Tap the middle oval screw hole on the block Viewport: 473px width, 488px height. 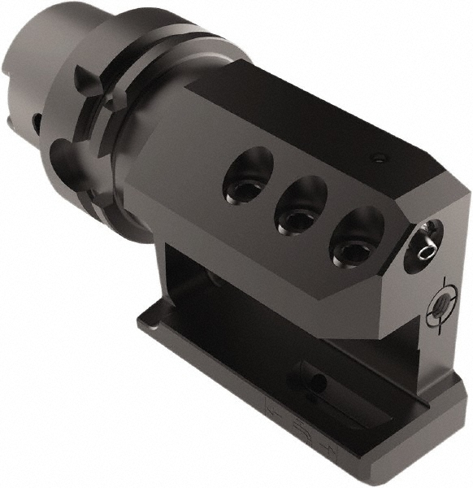coord(297,206)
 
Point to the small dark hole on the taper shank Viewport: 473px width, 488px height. coord(36,122)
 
